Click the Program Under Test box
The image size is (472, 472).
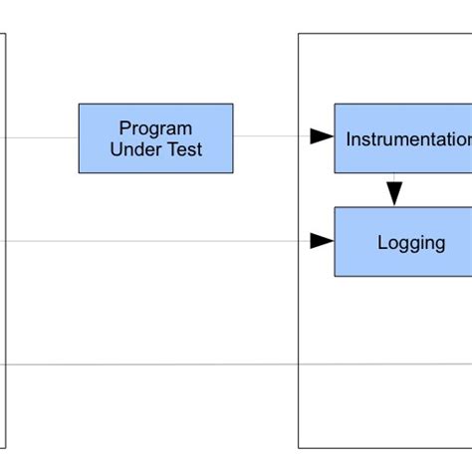click(155, 138)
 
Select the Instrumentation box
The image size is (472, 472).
click(403, 138)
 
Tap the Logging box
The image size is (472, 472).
click(403, 241)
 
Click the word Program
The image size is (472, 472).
click(155, 128)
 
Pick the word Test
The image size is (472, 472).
click(185, 149)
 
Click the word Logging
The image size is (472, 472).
click(411, 242)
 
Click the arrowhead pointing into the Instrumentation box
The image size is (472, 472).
click(322, 137)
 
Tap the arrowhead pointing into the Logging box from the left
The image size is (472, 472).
click(322, 241)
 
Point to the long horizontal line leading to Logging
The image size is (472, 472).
click(159, 241)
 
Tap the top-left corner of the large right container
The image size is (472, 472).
click(299, 35)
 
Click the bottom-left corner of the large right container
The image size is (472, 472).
click(299, 448)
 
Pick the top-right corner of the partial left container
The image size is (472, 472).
click(7, 35)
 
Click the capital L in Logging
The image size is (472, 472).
click(382, 242)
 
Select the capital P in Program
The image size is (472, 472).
click(124, 128)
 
